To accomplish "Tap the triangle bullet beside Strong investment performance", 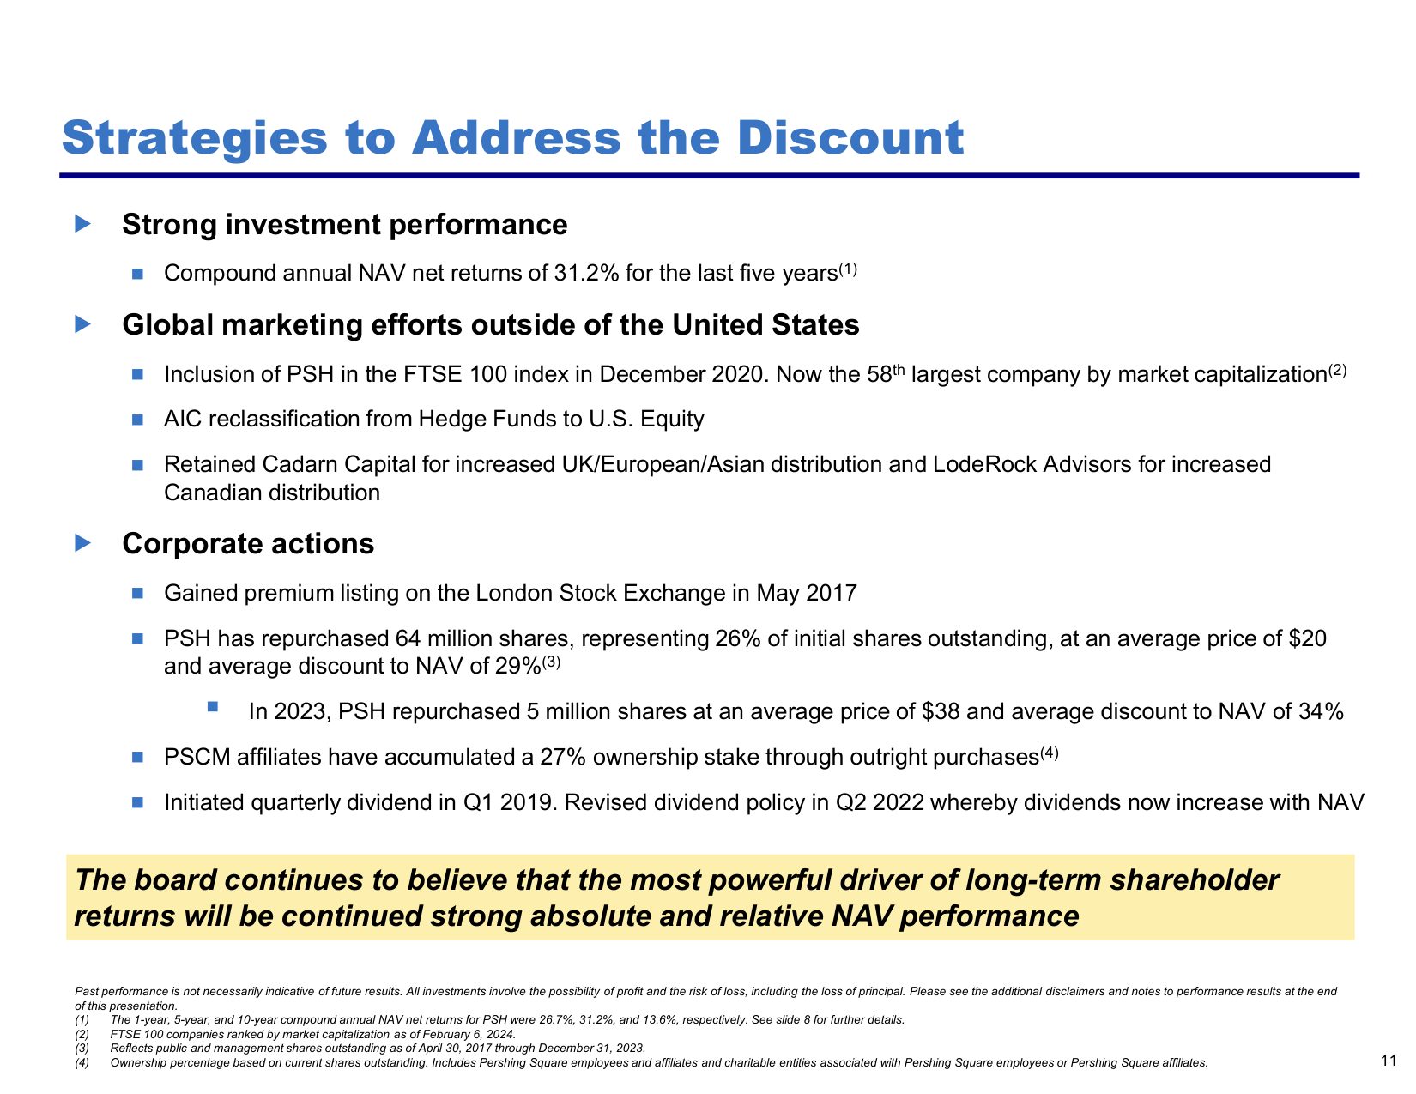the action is tap(82, 224).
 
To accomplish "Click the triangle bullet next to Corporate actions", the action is tap(82, 543).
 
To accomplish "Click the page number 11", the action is tap(1389, 1061).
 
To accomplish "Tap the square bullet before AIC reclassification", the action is tap(137, 420).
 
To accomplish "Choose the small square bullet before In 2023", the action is tap(213, 706).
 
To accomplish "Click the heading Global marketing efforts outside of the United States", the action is tap(491, 325).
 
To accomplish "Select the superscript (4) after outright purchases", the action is tap(1050, 753).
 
